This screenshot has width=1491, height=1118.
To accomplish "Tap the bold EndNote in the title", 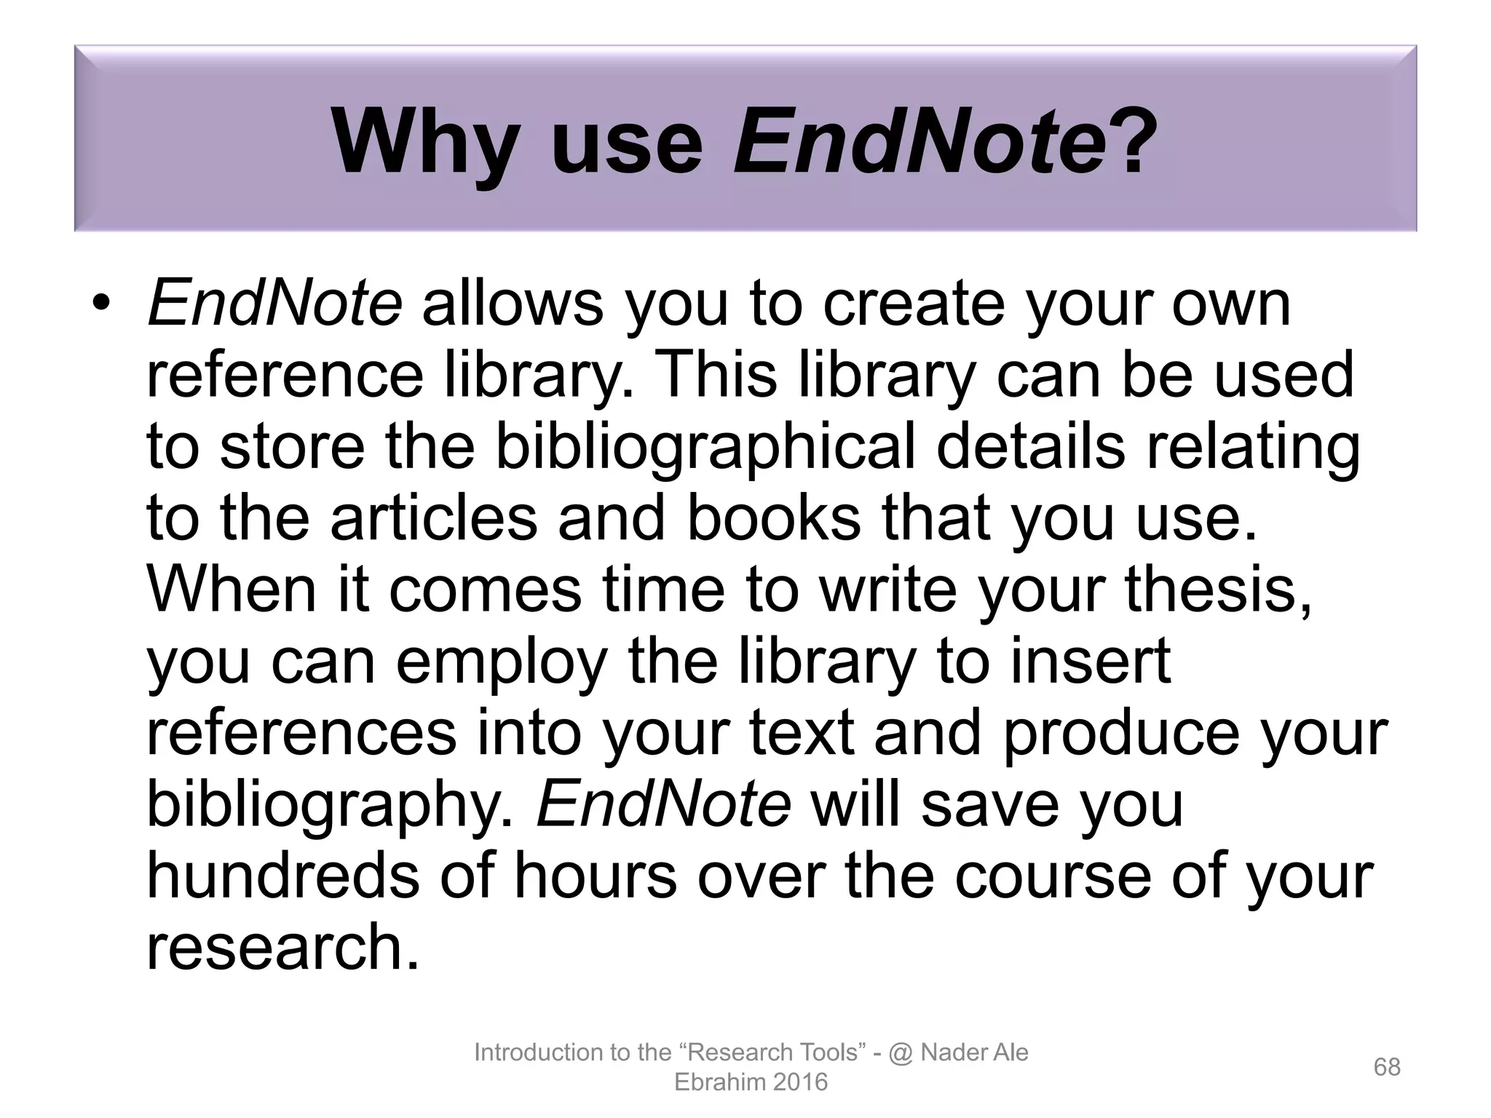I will [x=920, y=142].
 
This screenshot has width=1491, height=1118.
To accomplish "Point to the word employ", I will [x=502, y=661].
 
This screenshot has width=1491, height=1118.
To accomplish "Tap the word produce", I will [x=1121, y=732].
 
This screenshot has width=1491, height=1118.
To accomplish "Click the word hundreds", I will [x=283, y=875].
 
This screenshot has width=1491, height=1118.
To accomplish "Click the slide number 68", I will [x=1387, y=1067].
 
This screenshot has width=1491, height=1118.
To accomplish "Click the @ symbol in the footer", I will [x=901, y=1052].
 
